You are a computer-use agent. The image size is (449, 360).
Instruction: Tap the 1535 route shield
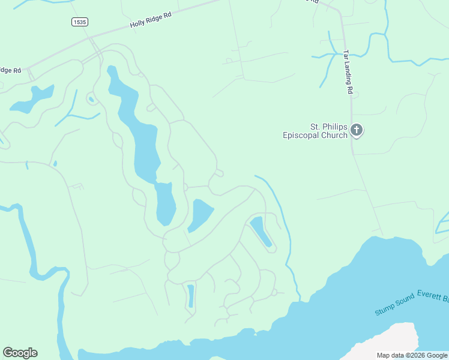79,22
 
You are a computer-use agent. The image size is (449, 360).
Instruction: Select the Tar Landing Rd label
348,71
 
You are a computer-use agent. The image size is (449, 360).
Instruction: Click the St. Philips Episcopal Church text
315,131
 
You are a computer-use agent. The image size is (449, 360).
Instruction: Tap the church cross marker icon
357,130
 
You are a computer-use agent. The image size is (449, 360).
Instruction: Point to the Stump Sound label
394,305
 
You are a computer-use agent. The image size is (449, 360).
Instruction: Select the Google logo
20,353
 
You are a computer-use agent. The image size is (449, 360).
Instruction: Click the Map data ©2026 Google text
412,355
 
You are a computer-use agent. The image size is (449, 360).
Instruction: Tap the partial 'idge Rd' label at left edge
10,70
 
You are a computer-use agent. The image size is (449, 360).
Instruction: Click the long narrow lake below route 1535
144,138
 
